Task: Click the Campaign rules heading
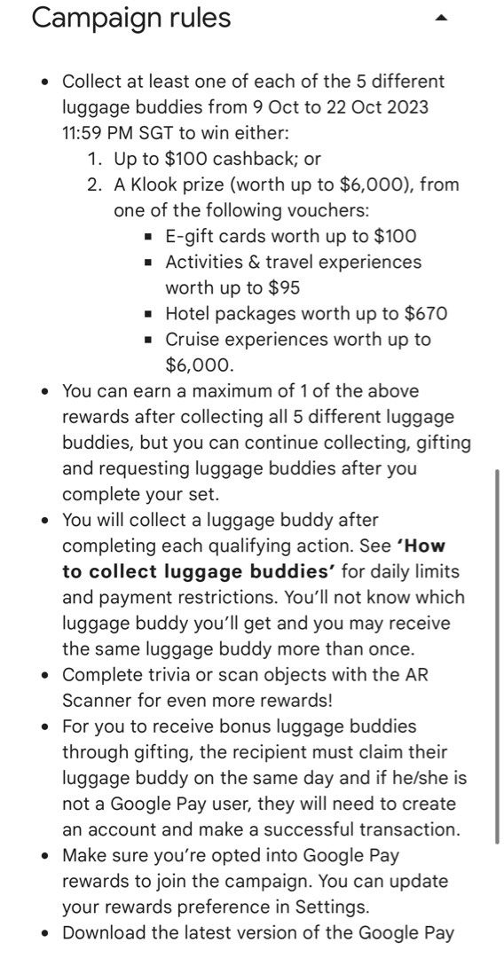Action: click(131, 18)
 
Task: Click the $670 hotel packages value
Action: click(419, 313)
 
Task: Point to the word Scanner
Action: click(97, 700)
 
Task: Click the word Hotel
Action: click(189, 313)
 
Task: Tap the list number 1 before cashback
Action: click(95, 159)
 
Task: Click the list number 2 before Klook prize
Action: click(95, 185)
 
